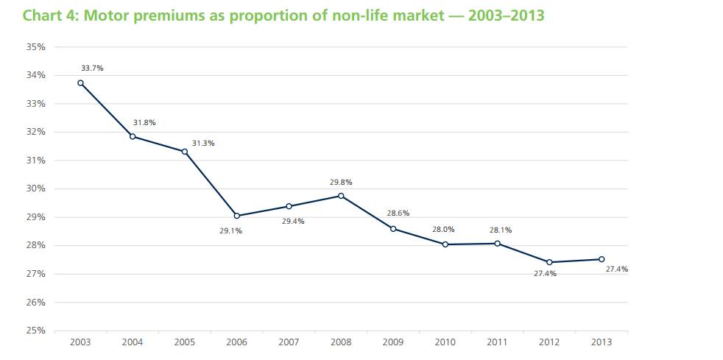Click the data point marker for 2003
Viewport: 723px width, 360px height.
80,83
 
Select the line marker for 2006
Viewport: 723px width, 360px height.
236,216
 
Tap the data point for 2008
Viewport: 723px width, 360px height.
341,196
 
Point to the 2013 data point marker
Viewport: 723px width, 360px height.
602,259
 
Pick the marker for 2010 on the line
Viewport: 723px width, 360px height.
445,244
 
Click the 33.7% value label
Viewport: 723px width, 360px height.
92,68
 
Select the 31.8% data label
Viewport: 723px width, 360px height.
144,122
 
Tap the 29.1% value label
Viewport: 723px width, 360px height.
231,231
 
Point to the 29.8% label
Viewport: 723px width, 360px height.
341,182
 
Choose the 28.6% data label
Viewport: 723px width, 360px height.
398,213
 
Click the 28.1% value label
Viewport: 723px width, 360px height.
500,230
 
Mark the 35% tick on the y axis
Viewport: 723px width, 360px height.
35,46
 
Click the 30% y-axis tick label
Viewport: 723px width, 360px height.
35,188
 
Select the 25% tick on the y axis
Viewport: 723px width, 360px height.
35,331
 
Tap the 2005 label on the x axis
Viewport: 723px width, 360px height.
184,342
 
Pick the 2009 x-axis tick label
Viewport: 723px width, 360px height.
393,342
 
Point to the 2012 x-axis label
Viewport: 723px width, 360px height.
549,342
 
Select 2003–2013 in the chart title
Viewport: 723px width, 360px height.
504,15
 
